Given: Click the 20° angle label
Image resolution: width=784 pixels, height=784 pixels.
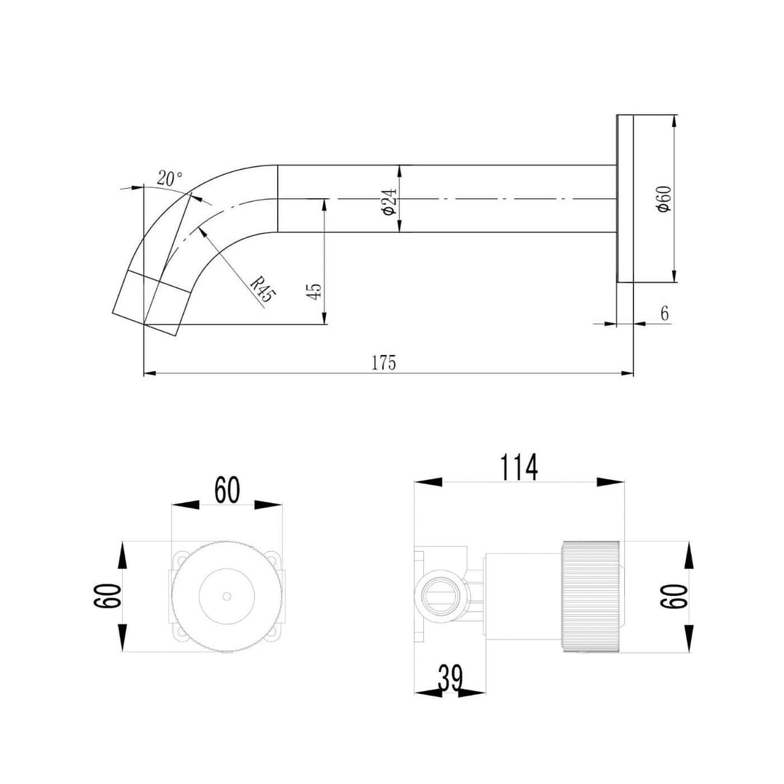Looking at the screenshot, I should point(169,179).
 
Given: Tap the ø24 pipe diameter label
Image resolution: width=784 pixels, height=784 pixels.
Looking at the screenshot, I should point(389,200).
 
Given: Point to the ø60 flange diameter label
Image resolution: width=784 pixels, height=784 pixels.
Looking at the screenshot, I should point(663,199).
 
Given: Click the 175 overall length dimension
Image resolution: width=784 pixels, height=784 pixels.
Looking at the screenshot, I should point(384,362).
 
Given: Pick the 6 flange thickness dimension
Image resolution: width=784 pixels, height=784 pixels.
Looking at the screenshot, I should point(664,314).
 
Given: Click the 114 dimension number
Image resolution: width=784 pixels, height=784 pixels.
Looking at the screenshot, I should point(518,467).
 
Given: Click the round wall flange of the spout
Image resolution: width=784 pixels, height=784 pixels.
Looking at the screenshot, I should point(625,199).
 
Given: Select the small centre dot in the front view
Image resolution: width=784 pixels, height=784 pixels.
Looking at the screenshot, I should point(226,596).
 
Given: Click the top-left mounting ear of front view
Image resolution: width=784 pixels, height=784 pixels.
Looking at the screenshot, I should point(179,560).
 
